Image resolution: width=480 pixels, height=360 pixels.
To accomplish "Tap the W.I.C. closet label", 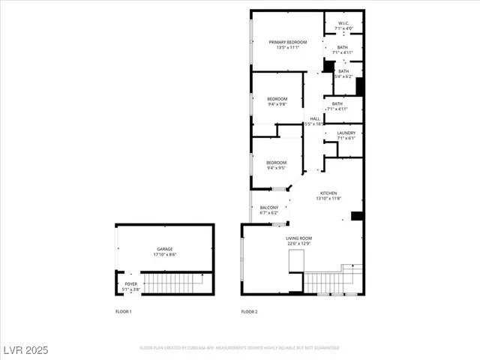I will (343, 22).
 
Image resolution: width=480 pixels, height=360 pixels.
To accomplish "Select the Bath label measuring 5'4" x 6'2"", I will (343, 71).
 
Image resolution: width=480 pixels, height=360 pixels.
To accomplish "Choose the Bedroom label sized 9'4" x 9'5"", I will (277, 163).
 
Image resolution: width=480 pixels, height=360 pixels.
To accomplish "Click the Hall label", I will (315, 118).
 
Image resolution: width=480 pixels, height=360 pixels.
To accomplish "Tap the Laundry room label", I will (346, 133).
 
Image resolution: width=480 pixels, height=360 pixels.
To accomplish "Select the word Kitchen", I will (330, 193).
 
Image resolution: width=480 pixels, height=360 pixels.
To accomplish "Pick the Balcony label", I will (269, 208).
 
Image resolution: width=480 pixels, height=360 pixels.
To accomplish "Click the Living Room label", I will (298, 238).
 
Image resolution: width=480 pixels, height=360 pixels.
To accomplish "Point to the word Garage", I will (165, 249).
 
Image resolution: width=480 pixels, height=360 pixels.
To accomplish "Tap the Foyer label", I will (131, 283).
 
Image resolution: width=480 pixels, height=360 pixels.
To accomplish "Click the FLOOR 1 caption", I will (124, 311).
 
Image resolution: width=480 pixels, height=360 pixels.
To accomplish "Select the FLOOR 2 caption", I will (249, 311).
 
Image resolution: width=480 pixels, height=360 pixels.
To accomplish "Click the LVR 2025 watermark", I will (26, 349).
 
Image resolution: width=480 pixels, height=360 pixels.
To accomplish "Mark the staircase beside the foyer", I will (172, 283).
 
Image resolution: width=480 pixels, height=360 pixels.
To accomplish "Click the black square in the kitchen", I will (357, 217).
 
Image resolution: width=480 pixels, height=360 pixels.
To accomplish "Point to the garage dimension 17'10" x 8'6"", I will (165, 255).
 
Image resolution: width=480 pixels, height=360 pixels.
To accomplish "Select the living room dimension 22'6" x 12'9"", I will (298, 244).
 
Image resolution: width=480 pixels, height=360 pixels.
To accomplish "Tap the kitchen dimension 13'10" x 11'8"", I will (330, 199).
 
